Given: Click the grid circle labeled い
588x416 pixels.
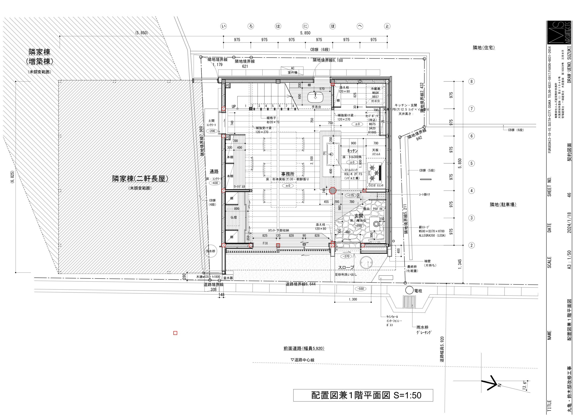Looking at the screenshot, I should tap(223, 26).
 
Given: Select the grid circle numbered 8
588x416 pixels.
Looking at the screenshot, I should tap(472, 82).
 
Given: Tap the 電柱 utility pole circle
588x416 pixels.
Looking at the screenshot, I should tap(409, 291).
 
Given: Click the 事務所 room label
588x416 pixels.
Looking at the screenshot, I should tap(288, 174).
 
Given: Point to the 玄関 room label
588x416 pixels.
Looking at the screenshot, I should tap(359, 216).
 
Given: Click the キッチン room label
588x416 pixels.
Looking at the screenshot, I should tap(352, 151).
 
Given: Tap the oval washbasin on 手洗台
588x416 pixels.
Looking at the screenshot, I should tap(315, 96).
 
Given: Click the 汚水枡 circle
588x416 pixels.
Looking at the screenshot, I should tap(211, 251).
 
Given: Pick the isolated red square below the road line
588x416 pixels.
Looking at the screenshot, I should tap(175, 333).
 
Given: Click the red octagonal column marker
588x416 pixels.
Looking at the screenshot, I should tap(332, 191).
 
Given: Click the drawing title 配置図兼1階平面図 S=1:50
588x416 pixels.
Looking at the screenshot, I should tap(363, 395).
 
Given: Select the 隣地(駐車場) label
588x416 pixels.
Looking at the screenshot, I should tap(503, 205).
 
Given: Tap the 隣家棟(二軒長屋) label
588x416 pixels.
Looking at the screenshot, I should tap(140, 179).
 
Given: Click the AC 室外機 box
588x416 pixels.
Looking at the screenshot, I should tap(292, 71).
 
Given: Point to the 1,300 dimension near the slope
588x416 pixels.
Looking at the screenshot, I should tap(353, 299).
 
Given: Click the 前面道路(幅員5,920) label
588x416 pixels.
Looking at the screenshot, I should tap(304, 348).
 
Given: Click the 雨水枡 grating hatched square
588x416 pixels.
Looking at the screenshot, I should tap(409, 302).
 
